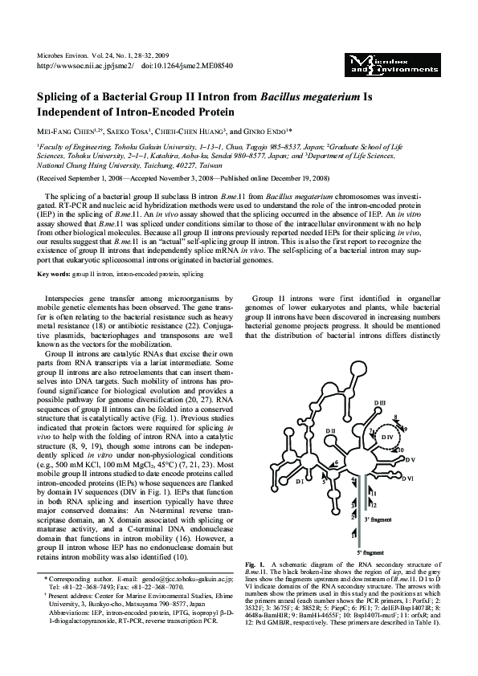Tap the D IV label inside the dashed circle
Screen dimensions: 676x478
(387, 437)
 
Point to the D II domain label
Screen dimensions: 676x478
(330, 432)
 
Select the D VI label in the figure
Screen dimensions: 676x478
(408, 478)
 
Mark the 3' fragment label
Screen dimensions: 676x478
(378, 520)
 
